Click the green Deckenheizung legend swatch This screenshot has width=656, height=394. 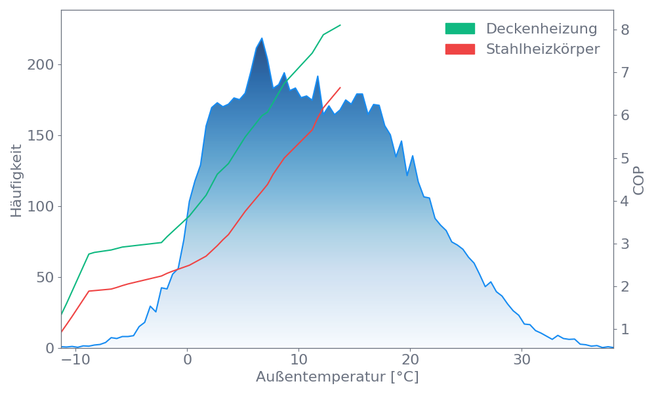[x=460, y=29]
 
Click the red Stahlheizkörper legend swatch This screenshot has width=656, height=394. [x=460, y=49]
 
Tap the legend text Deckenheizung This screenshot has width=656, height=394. [x=541, y=29]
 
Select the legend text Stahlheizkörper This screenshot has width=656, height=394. [x=543, y=49]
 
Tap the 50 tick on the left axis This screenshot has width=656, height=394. [x=44, y=278]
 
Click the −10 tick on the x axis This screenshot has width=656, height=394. [x=75, y=361]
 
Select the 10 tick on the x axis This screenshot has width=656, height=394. [x=298, y=361]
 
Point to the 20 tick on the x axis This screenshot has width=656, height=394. [x=411, y=361]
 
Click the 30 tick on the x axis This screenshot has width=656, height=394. [x=522, y=361]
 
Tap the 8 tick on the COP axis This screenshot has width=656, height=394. [x=625, y=30]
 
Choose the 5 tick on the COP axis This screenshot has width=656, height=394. [x=625, y=158]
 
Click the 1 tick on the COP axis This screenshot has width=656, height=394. [x=625, y=329]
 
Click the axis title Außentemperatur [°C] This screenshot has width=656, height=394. [x=337, y=378]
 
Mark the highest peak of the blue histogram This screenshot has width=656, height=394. [x=261, y=38]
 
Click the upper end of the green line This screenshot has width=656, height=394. [x=340, y=25]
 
